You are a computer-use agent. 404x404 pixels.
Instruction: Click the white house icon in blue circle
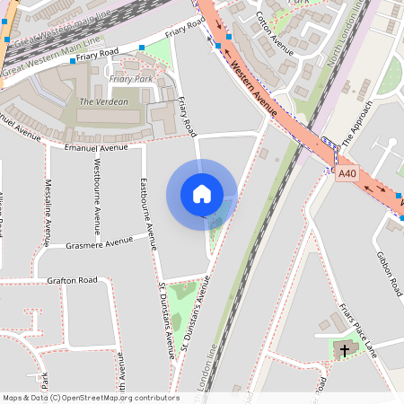click(x=202, y=193)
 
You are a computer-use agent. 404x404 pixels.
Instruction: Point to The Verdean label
click(x=103, y=101)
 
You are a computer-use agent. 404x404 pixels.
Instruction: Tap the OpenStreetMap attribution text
click(x=90, y=398)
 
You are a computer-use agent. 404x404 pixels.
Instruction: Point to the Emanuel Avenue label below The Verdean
click(x=96, y=147)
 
